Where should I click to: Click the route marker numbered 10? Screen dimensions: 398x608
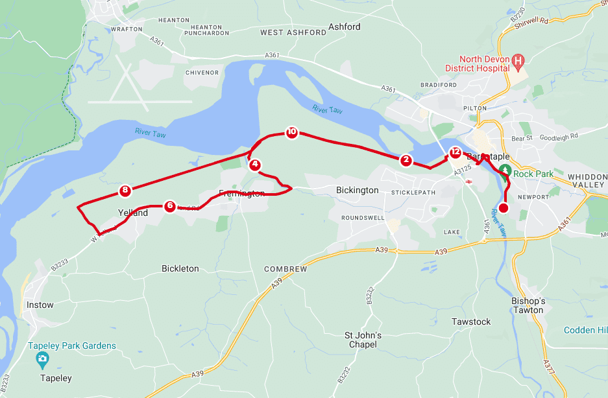[291, 132]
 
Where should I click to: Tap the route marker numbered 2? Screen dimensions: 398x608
[406, 159]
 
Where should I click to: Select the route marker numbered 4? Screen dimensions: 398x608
[255, 165]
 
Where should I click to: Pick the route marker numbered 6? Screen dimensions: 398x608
[169, 206]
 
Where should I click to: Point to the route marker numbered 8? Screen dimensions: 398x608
[125, 191]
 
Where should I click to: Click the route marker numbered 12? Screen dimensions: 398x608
[455, 153]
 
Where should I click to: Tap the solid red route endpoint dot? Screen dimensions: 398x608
[504, 208]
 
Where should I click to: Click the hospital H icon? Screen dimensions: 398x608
[518, 62]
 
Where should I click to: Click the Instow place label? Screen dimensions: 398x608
[40, 305]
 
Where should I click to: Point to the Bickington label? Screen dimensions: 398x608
[357, 190]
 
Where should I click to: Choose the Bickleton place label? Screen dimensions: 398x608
[180, 268]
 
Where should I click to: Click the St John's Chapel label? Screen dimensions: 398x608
[363, 340]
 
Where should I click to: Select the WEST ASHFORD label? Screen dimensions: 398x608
[293, 32]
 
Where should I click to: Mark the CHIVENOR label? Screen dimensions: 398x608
[202, 73]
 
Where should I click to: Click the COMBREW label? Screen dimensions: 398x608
[286, 268]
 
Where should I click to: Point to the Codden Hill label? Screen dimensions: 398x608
[585, 330]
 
